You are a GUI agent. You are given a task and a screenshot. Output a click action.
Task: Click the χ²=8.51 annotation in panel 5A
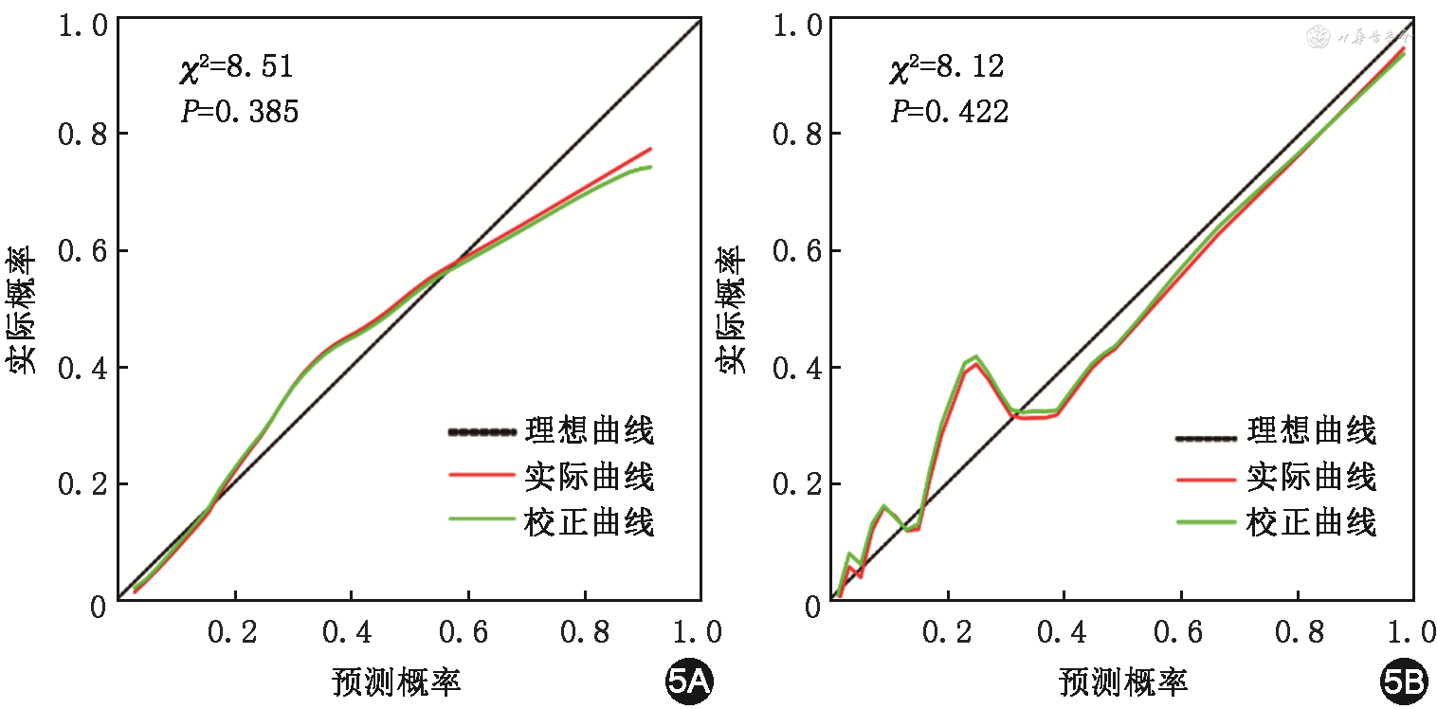[236, 67]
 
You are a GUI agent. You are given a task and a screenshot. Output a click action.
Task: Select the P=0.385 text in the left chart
[239, 113]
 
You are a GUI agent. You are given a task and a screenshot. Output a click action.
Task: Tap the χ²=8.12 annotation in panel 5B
[946, 67]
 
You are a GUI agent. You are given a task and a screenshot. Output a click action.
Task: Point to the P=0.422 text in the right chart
[949, 113]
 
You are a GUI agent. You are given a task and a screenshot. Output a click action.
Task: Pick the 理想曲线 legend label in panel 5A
[589, 432]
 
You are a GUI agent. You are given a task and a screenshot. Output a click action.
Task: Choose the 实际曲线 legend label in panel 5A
[589, 477]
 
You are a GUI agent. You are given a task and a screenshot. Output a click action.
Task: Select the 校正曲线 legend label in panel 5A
[589, 521]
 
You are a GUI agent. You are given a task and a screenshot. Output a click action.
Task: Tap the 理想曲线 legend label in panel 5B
[1311, 432]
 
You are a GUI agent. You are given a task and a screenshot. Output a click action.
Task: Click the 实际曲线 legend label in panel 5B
[1311, 477]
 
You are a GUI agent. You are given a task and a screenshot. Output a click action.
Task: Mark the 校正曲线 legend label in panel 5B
[1311, 521]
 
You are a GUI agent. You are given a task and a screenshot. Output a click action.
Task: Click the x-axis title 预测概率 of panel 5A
[395, 682]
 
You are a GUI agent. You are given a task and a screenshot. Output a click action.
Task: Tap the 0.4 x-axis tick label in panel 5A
[351, 633]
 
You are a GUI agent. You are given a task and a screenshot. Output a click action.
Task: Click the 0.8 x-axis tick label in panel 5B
[1297, 633]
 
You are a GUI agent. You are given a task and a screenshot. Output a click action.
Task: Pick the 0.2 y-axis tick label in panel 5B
[796, 484]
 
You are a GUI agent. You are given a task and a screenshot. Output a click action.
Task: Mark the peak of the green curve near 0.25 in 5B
[975, 356]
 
